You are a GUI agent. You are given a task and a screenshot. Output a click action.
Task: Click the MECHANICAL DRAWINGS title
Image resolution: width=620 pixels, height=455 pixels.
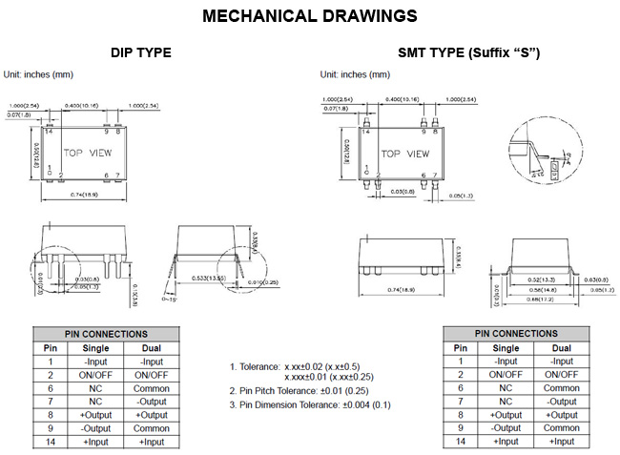click(x=310, y=16)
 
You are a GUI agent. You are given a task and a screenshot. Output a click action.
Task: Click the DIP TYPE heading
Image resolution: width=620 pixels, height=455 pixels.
click(x=141, y=52)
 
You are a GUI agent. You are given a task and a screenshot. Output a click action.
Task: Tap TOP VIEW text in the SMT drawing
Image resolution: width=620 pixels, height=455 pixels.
click(x=405, y=153)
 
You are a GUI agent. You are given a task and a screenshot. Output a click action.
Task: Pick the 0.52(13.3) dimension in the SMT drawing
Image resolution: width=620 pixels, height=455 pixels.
click(x=541, y=279)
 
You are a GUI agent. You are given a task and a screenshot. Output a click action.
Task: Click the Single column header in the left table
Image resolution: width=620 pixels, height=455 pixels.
click(x=97, y=348)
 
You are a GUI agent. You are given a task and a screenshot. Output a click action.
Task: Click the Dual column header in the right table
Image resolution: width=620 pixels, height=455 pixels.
click(x=562, y=348)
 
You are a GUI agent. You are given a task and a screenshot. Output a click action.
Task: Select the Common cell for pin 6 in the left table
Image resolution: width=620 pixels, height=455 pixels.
click(x=152, y=388)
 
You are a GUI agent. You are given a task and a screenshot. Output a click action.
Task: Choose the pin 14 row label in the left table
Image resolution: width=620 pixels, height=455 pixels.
click(x=51, y=442)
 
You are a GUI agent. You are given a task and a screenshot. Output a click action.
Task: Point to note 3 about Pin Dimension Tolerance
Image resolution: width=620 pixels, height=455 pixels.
click(x=310, y=405)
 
